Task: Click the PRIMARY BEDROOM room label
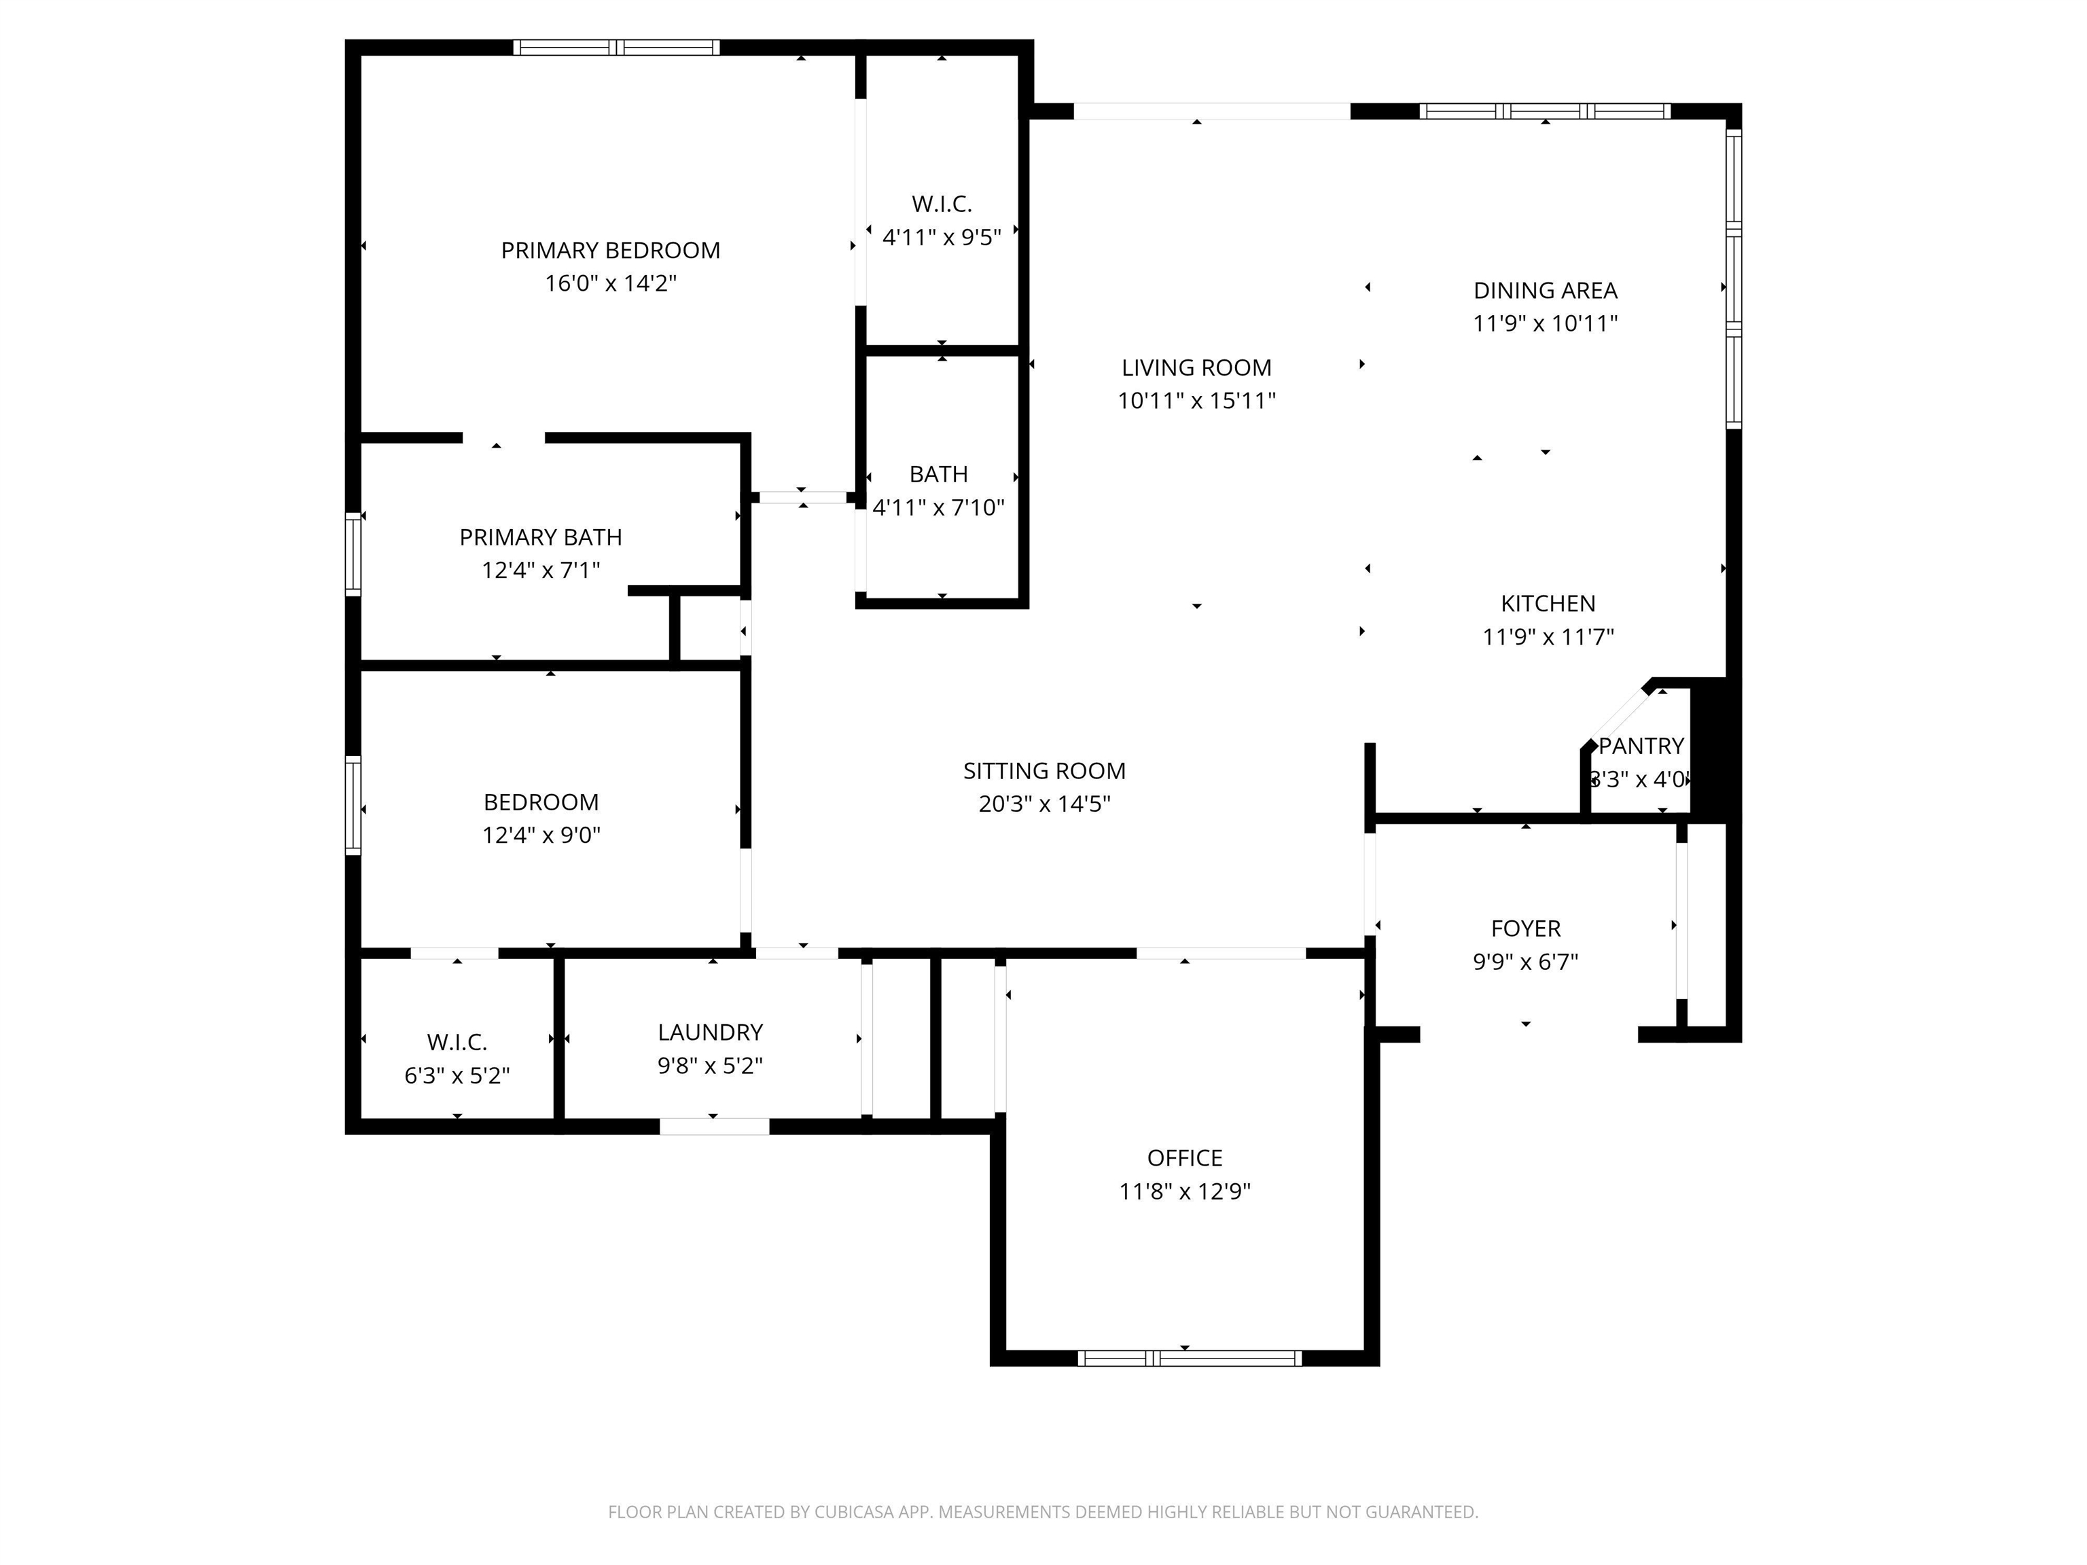click(x=611, y=250)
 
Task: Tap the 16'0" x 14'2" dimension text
click(x=611, y=283)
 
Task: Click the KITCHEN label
click(x=1548, y=604)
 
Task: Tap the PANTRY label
click(x=1641, y=746)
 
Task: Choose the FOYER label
click(x=1526, y=929)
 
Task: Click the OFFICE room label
click(x=1185, y=1157)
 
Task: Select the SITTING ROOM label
click(x=1044, y=771)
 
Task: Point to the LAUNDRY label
click(x=711, y=1032)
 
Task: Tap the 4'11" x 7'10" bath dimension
click(x=939, y=507)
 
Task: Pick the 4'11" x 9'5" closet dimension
click(x=942, y=237)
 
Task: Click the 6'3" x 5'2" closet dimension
click(x=458, y=1075)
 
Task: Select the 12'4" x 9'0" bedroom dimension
click(x=541, y=835)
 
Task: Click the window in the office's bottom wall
click(x=1190, y=1359)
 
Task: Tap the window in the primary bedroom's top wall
click(x=616, y=47)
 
